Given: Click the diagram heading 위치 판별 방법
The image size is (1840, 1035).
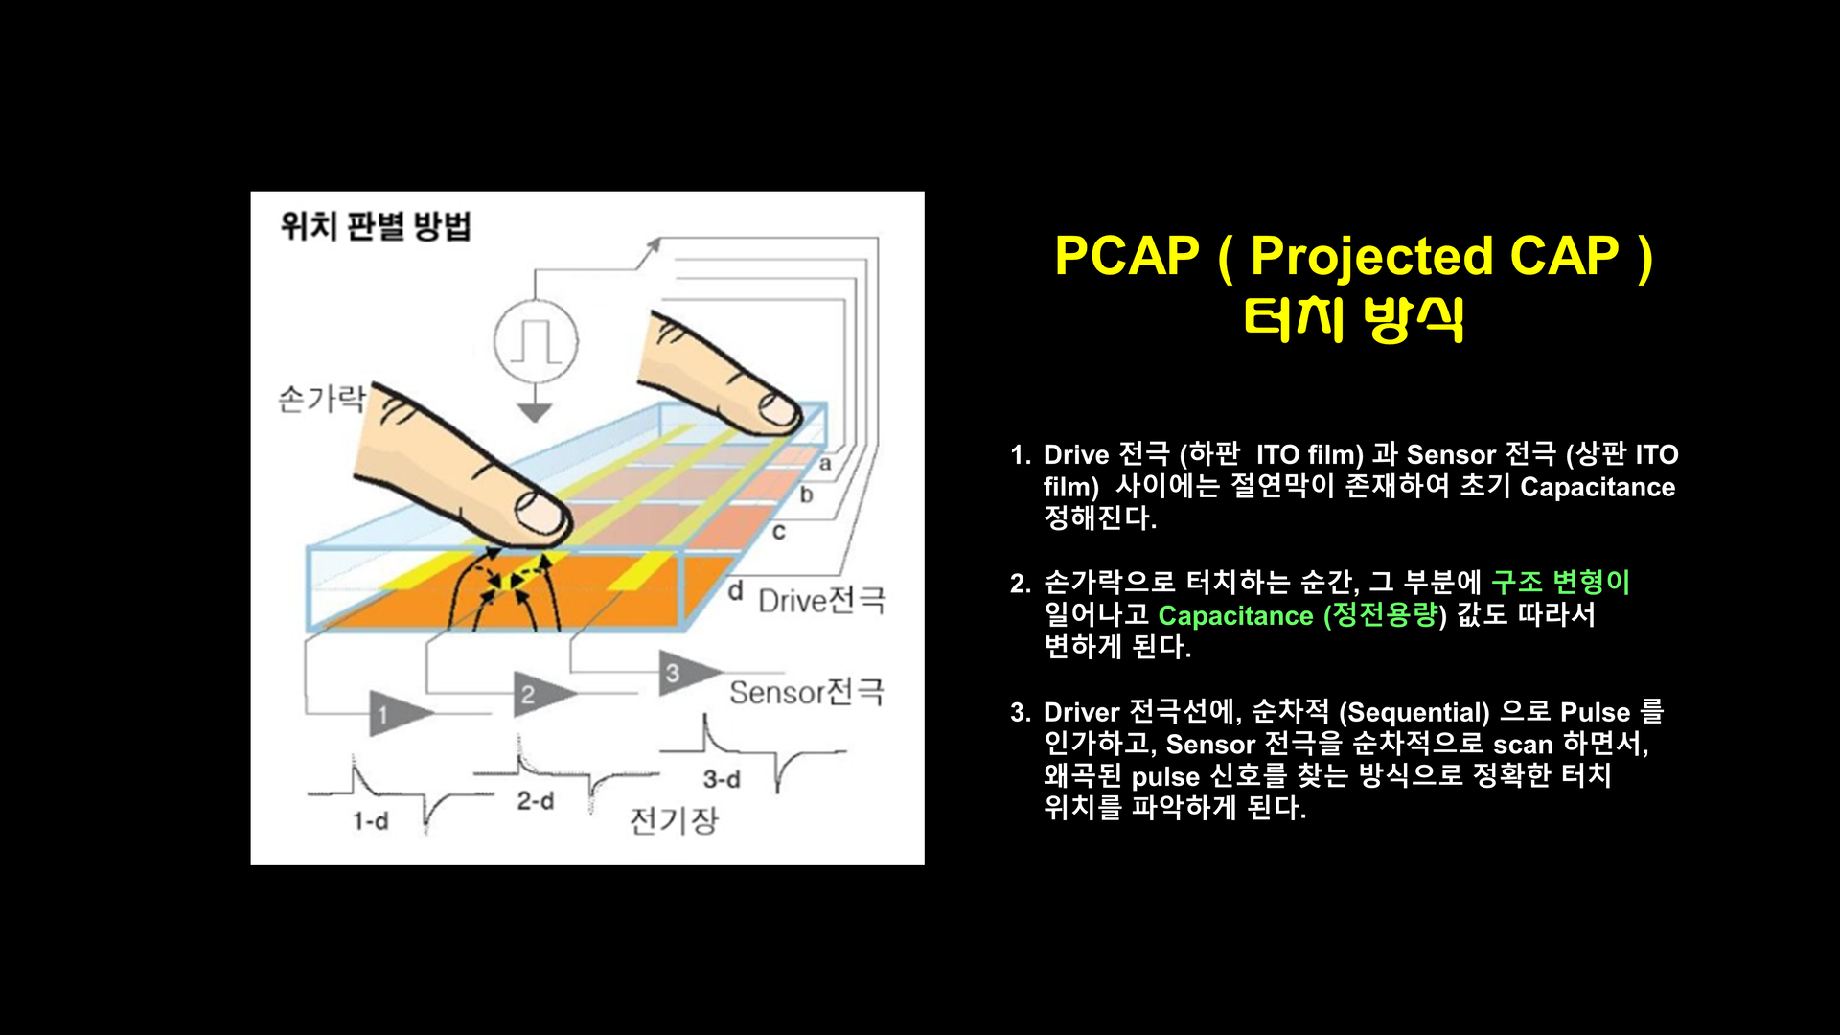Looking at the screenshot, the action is (x=376, y=226).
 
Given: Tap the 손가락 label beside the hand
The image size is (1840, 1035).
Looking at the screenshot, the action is (x=322, y=398).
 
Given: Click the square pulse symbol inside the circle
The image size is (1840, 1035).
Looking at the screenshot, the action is (x=536, y=341).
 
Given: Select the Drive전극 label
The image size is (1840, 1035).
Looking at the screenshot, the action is (x=822, y=600).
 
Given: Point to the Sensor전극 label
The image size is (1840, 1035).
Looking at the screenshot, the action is (x=807, y=691).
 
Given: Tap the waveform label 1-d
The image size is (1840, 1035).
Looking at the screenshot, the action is (x=370, y=821).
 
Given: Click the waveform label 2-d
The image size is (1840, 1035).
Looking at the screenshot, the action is (x=535, y=800).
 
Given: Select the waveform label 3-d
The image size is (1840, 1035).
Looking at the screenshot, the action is (x=722, y=779).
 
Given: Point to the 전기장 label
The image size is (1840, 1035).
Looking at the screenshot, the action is (x=674, y=820).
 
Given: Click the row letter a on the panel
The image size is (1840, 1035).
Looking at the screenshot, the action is (x=825, y=464).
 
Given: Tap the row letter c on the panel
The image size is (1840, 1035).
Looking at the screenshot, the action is (x=778, y=531).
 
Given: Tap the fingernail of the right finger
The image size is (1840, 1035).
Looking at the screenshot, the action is (x=778, y=410).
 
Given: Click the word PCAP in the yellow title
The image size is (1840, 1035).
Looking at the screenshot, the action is (x=1127, y=256).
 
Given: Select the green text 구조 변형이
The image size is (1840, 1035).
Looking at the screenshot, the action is (x=1560, y=582).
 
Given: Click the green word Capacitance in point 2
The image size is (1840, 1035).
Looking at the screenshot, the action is (x=1235, y=615).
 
